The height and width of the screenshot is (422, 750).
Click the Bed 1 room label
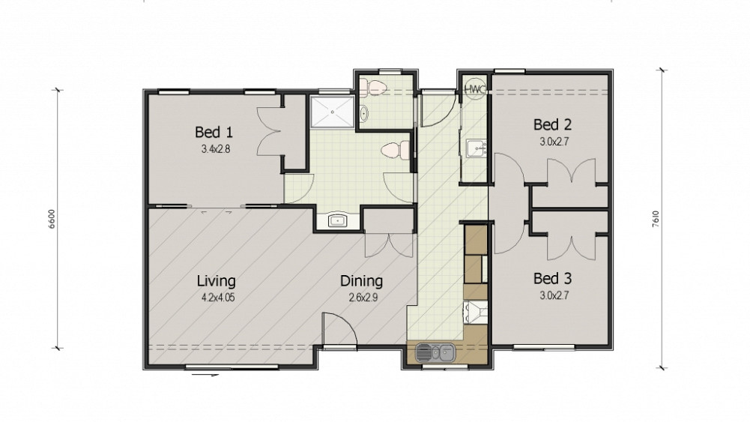[x=214, y=132]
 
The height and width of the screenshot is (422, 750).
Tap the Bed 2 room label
[x=552, y=125]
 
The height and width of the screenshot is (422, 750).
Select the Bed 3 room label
[x=552, y=279]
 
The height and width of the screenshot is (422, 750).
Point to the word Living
[x=217, y=281]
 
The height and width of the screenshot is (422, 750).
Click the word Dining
[x=361, y=281]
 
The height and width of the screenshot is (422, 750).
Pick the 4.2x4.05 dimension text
[x=217, y=298]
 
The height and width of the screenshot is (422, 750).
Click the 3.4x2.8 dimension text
[x=215, y=149]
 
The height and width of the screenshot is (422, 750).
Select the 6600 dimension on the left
[x=52, y=219]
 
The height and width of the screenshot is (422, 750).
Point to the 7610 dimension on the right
[x=656, y=219]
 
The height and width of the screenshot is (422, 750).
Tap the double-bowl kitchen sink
[x=435, y=353]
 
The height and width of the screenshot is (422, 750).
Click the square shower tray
[x=333, y=112]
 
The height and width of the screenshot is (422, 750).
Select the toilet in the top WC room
[x=373, y=87]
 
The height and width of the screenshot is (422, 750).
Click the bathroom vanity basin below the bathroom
[x=338, y=220]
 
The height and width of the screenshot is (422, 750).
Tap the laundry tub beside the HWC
[x=475, y=149]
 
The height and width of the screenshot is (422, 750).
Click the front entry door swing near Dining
[x=339, y=328]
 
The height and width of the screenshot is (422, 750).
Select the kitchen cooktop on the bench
[x=475, y=311]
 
